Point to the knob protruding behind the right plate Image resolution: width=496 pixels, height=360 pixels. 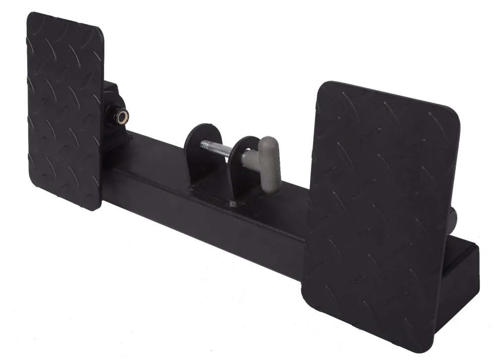coord(453,218)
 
